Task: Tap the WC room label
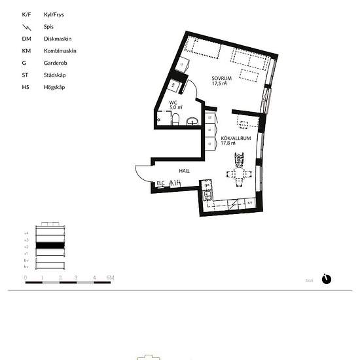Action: pos(173,103)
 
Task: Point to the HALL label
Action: pos(185,171)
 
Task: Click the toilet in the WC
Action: pos(175,119)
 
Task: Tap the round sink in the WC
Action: pos(192,120)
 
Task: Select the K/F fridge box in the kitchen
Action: pos(250,203)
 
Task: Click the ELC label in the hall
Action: pos(160,184)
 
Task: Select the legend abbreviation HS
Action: pos(26,86)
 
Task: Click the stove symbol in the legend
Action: pos(26,27)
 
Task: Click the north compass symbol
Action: pos(327,279)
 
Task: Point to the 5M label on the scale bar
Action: pos(111,278)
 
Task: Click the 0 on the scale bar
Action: pos(26,278)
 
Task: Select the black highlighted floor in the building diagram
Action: pos(50,245)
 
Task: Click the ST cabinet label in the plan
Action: pos(209,118)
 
